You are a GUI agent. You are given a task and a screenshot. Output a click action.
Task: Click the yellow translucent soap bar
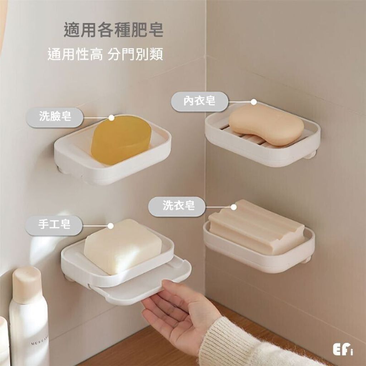[121, 140]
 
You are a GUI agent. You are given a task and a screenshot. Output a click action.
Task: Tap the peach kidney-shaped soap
[266, 125]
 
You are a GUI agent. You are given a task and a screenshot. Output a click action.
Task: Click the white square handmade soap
[123, 246]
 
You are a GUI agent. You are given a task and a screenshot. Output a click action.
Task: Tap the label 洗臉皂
[55, 117]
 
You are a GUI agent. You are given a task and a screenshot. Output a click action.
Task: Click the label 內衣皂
[199, 102]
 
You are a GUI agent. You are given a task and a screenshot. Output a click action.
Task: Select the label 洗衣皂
[178, 206]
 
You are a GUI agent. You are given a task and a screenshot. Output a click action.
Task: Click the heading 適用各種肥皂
[113, 30]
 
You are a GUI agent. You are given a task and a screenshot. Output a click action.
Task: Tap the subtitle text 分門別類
[135, 54]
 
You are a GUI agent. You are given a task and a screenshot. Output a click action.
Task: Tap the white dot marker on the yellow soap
[112, 118]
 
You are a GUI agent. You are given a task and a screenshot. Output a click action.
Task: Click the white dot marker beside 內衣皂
[254, 102]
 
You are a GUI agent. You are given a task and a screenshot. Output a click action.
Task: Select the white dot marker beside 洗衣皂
[233, 207]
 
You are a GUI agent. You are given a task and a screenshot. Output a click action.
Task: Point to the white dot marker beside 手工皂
[111, 226]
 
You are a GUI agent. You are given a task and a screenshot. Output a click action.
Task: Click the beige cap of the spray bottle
[27, 285]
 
